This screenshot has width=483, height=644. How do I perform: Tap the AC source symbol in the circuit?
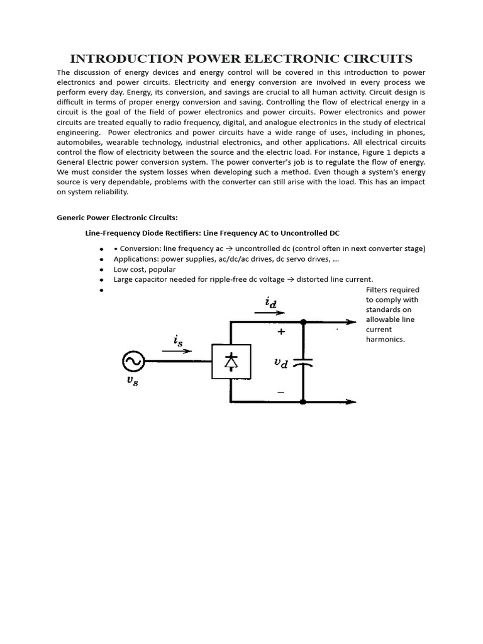click(133, 361)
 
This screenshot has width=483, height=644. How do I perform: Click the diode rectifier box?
click(231, 361)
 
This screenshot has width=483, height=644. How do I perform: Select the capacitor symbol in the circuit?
click(303, 363)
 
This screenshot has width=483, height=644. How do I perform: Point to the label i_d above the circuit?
click(271, 303)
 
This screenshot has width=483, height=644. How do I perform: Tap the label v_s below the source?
click(132, 380)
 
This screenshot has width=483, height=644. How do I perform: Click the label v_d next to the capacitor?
click(280, 363)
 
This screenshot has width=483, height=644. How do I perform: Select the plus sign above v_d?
click(281, 331)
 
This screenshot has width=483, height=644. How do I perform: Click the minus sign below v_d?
click(280, 392)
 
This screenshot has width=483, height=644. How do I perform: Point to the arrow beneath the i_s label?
click(177, 352)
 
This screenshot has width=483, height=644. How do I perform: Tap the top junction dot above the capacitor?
click(303, 321)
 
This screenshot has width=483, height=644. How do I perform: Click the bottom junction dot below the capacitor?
click(303, 402)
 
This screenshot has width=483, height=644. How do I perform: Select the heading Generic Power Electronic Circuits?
click(118, 218)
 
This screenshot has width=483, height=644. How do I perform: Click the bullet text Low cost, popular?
click(145, 269)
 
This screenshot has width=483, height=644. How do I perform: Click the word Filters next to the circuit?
click(379, 289)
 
